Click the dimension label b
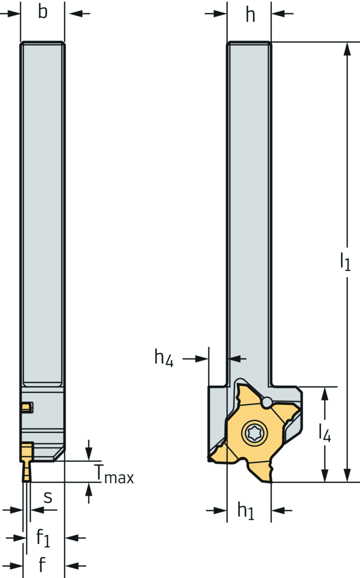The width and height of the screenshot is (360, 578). click(43, 12)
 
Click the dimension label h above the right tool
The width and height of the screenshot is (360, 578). click(250, 15)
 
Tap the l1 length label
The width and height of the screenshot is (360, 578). click(345, 262)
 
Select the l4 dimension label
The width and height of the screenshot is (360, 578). click(324, 433)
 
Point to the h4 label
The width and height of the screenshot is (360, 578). click(163, 358)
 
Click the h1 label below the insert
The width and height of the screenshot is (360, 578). click(245, 511)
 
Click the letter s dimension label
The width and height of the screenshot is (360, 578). click(48, 497)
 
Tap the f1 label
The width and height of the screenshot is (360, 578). click(43, 538)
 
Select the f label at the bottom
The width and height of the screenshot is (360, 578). click(42, 565)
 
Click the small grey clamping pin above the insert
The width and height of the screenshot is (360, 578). click(266, 402)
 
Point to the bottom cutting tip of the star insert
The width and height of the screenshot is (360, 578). click(271, 480)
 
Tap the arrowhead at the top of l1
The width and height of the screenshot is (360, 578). click(347, 49)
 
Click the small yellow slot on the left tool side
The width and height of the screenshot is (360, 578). click(26, 408)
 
